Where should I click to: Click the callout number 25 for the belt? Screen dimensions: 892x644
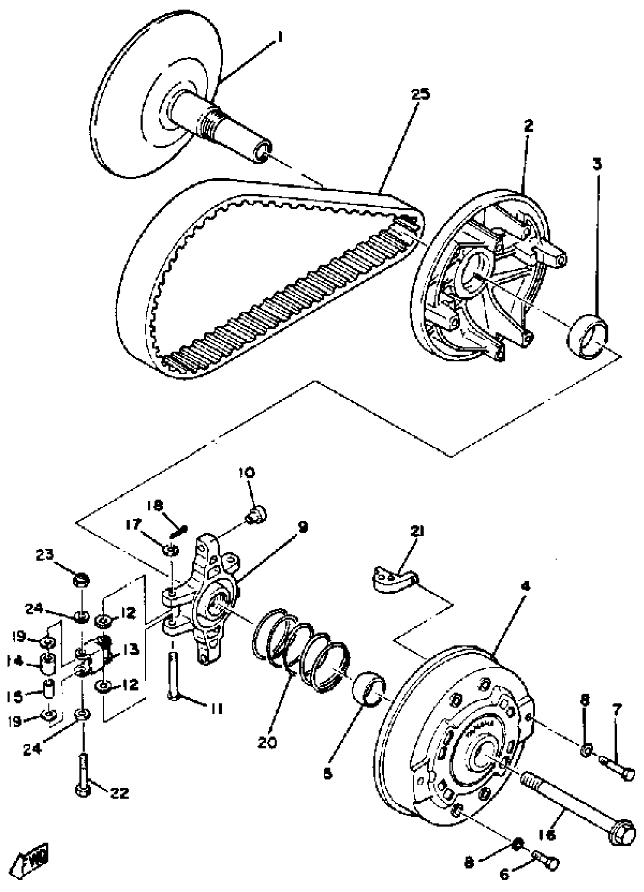(421, 95)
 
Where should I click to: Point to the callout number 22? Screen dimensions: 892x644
(119, 793)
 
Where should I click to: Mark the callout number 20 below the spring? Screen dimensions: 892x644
(268, 742)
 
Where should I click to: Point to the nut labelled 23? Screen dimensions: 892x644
(82, 579)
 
